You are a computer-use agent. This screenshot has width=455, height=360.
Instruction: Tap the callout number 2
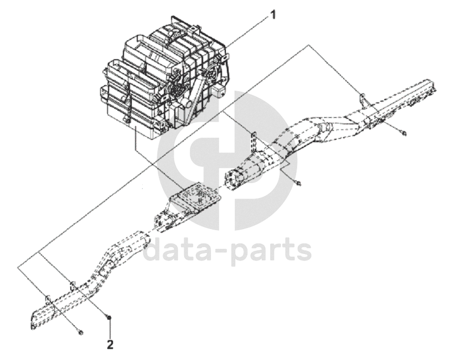click(110, 345)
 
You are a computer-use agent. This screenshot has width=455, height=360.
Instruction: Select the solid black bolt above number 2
click(110, 317)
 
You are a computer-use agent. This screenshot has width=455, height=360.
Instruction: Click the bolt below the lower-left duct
click(81, 332)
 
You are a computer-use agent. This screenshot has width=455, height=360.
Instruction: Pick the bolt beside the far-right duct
click(405, 133)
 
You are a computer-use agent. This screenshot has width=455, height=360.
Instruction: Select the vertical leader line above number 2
click(110, 329)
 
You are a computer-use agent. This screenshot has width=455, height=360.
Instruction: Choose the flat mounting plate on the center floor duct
click(195, 198)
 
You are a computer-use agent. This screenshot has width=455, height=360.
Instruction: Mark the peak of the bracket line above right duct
click(308, 46)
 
